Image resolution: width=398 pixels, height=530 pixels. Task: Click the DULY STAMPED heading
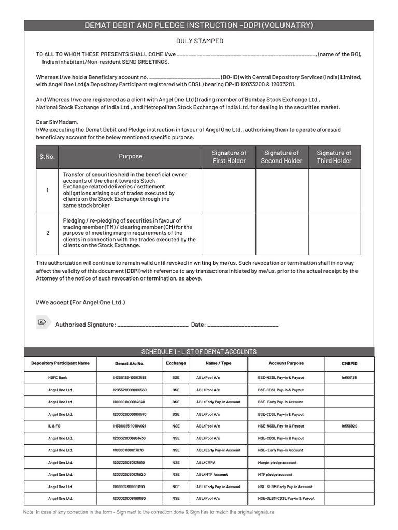point(200,41)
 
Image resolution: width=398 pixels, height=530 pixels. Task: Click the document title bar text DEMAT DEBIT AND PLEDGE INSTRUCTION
point(199,25)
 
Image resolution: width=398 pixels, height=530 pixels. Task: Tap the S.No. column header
point(47,157)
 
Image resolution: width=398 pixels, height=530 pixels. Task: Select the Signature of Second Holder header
point(281,157)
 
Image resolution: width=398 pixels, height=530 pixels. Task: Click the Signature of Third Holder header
point(334,157)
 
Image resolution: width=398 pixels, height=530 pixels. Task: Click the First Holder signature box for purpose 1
point(229,190)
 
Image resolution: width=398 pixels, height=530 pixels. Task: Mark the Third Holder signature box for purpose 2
point(334,233)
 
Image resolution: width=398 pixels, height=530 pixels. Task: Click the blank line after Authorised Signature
point(153,325)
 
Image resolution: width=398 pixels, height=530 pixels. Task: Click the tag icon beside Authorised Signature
point(42,322)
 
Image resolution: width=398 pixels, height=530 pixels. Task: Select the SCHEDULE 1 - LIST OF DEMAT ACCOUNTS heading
point(199,352)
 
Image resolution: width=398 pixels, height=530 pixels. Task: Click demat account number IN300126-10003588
point(130,378)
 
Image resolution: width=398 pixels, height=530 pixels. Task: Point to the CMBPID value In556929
point(349,426)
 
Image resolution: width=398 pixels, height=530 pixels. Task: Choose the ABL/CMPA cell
point(205,463)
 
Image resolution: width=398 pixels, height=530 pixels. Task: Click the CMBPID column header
point(349,363)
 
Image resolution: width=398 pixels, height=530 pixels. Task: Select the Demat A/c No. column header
point(130,364)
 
